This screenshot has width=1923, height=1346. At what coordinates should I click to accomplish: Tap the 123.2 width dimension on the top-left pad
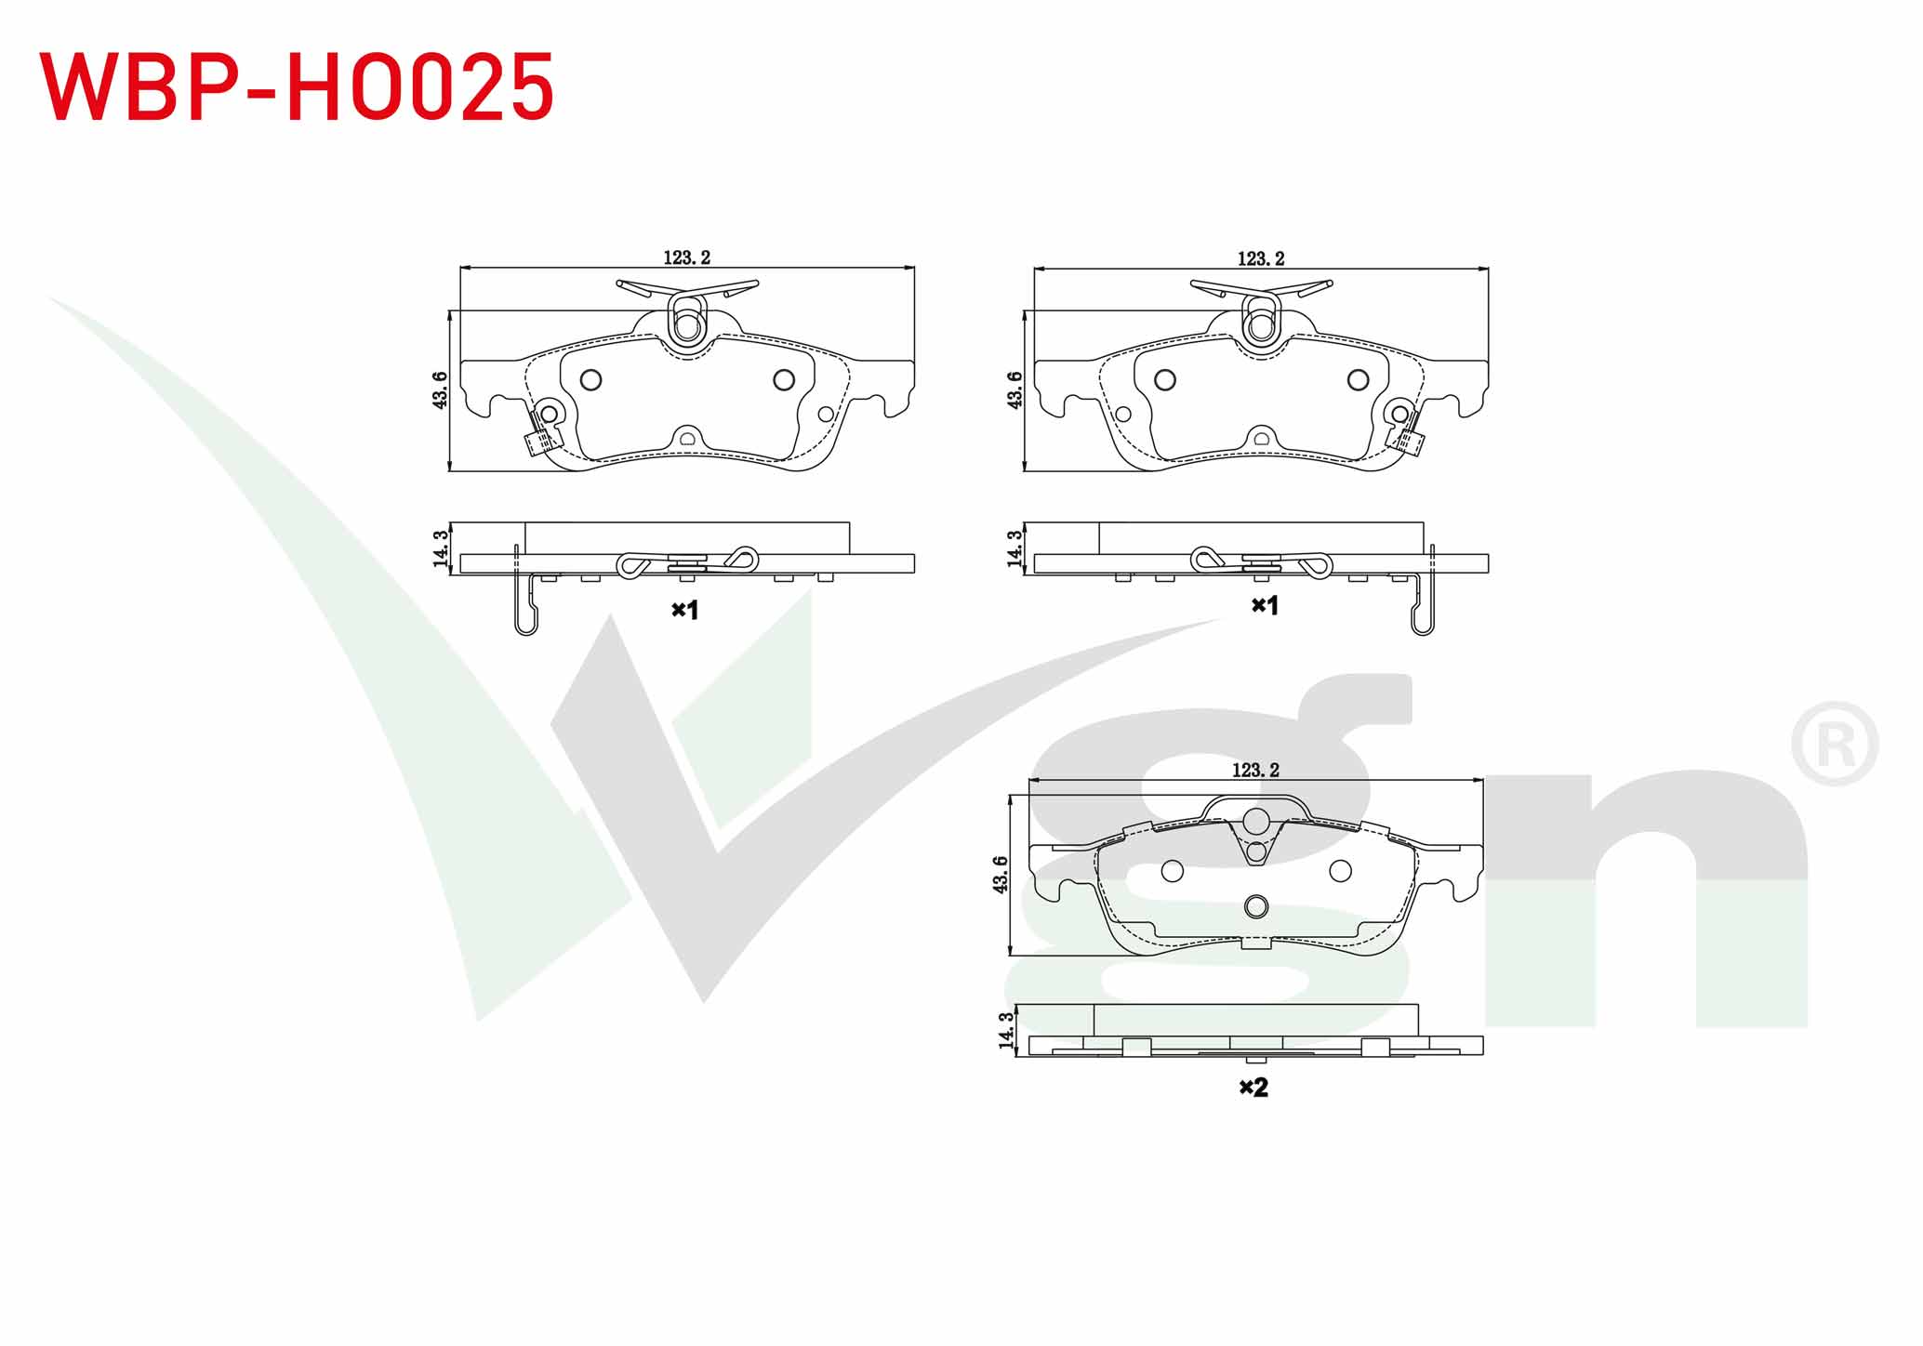click(686, 257)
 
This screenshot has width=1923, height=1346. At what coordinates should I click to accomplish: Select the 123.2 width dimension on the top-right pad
click(1260, 258)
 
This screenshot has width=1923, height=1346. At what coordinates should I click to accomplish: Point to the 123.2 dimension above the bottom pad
click(1255, 770)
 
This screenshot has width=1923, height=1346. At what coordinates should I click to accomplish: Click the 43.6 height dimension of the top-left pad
click(440, 389)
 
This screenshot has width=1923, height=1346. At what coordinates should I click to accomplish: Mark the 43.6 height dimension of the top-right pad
click(1015, 389)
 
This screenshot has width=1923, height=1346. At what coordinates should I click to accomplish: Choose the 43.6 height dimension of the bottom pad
click(1000, 875)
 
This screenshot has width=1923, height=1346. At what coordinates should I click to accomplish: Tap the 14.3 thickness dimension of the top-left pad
click(440, 548)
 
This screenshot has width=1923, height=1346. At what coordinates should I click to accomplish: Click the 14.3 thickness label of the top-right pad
click(1015, 548)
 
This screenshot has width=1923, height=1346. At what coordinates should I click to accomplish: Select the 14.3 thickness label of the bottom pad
click(1005, 1031)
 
